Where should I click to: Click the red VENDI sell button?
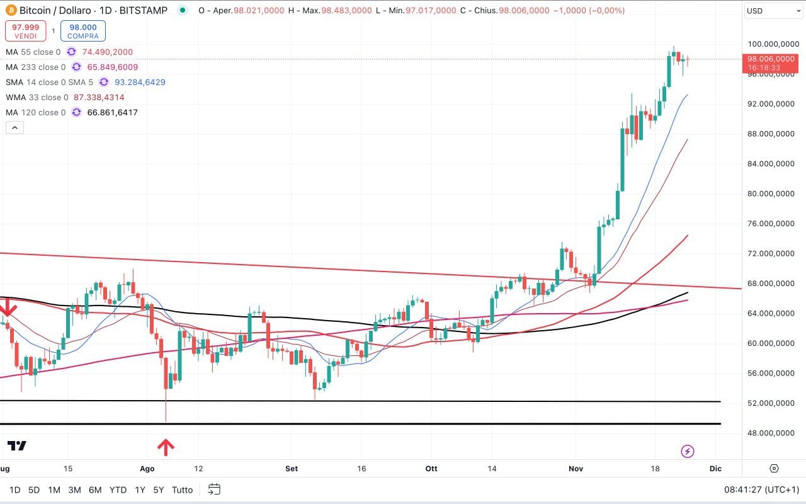(26, 31)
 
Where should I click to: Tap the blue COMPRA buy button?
(82, 31)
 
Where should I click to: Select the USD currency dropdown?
(772, 11)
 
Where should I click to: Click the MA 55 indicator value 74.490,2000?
(107, 52)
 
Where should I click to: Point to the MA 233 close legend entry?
(35, 67)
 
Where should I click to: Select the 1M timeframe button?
(54, 490)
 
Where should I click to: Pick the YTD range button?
(118, 490)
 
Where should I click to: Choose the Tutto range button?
(183, 490)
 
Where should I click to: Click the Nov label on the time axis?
(576, 469)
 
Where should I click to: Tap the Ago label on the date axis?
(147, 469)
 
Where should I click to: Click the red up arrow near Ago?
(166, 447)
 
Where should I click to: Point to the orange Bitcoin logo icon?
(10, 11)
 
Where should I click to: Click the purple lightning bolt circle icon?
(688, 451)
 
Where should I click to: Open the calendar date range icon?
(214, 490)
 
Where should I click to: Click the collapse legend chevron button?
(14, 128)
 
